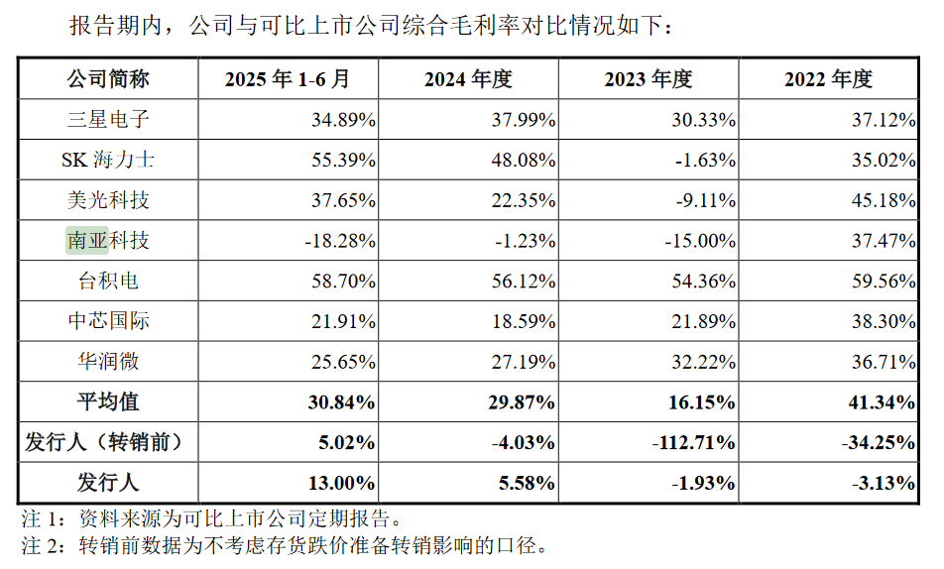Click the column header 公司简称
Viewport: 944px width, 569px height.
108,79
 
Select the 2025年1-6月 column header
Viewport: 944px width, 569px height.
288,79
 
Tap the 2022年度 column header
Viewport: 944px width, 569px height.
828,79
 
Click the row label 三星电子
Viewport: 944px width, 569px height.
108,120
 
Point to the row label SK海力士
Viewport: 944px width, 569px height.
108,160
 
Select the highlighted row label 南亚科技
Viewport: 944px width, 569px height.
108,241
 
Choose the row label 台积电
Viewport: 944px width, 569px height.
108,282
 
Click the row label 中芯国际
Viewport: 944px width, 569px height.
108,321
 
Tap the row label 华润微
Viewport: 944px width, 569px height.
108,362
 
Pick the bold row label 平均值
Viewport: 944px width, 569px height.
108,402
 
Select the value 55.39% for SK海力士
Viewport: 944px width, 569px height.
343,160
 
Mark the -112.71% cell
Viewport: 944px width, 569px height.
693,442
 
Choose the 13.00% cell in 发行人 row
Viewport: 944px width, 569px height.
343,483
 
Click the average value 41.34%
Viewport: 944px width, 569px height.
883,402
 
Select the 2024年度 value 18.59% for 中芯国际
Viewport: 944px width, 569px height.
524,321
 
